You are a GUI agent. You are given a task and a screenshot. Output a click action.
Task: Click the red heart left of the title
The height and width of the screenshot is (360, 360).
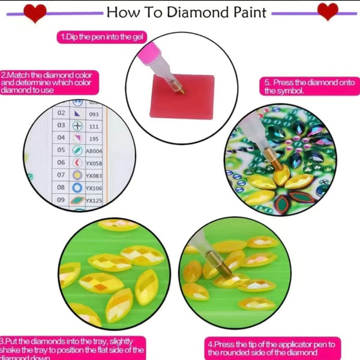(35, 11)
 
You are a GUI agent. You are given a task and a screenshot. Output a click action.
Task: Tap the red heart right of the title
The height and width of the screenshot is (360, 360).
(327, 11)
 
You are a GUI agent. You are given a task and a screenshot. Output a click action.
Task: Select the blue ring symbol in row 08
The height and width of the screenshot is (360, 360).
(77, 188)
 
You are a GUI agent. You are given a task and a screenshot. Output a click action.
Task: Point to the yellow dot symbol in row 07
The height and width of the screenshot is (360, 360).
(77, 175)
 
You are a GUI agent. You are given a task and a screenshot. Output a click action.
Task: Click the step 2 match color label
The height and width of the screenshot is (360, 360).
(49, 82)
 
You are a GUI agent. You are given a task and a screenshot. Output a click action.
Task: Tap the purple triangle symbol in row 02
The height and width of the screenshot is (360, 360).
(77, 113)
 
